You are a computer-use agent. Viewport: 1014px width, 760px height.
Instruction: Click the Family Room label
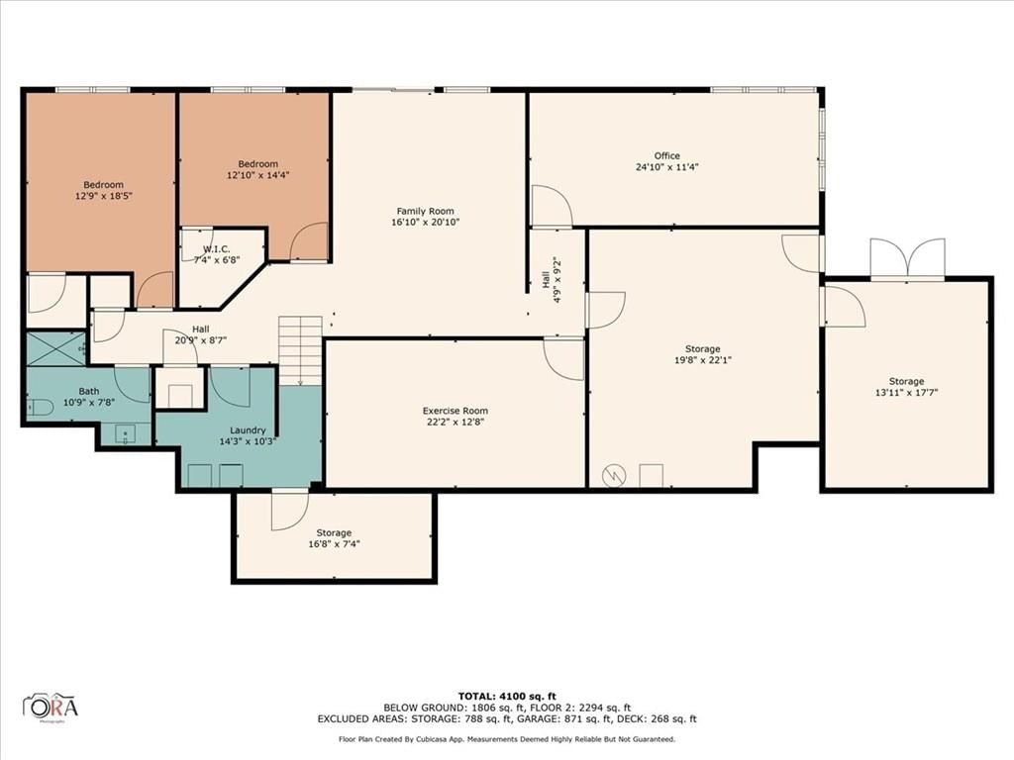pyautogui.click(x=425, y=211)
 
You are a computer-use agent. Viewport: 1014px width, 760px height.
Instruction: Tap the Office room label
pyautogui.click(x=666, y=155)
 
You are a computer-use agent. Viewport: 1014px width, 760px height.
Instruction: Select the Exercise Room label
pyautogui.click(x=456, y=411)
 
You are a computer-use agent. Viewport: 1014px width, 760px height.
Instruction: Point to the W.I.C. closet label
pyautogui.click(x=217, y=248)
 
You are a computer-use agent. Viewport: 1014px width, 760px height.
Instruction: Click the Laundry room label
pyautogui.click(x=248, y=430)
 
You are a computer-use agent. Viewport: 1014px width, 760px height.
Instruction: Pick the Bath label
pyautogui.click(x=89, y=391)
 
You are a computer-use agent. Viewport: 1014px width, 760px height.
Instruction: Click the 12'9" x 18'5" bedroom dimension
pyautogui.click(x=103, y=195)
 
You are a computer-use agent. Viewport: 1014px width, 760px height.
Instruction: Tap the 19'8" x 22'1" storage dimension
pyautogui.click(x=703, y=360)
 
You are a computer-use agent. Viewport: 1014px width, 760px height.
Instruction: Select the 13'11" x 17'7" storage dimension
pyautogui.click(x=906, y=392)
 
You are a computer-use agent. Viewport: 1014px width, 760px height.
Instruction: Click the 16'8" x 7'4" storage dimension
pyautogui.click(x=334, y=544)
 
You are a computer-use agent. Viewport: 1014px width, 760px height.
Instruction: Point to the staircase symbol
pyautogui.click(x=300, y=351)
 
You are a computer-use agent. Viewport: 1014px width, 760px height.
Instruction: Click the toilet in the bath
pyautogui.click(x=40, y=407)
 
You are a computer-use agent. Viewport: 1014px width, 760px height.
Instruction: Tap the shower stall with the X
pyautogui.click(x=56, y=349)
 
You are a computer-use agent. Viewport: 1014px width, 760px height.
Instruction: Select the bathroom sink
pyautogui.click(x=125, y=433)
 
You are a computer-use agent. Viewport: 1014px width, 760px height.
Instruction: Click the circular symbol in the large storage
pyautogui.click(x=614, y=476)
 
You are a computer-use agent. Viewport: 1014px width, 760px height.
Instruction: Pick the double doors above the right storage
pyautogui.click(x=907, y=259)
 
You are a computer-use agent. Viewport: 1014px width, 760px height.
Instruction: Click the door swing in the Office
pyautogui.click(x=551, y=206)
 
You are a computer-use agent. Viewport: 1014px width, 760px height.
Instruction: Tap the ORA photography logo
pyautogui.click(x=51, y=708)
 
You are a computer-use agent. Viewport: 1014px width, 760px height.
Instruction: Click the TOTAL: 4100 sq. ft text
pyautogui.click(x=507, y=696)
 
